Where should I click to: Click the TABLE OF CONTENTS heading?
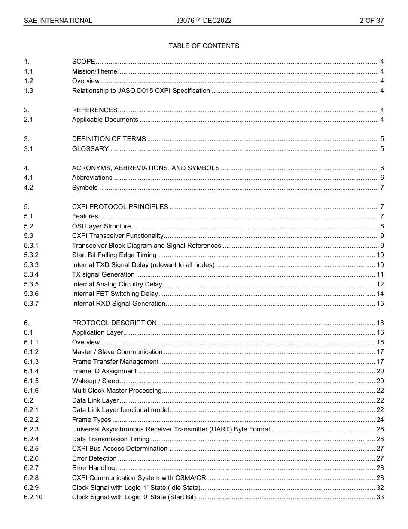204,46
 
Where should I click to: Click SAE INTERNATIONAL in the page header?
58,21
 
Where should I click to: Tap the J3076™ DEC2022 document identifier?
204,21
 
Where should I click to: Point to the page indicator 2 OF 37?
371,21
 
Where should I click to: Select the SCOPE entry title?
83,62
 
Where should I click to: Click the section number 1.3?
28,91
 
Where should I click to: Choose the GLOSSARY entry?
90,149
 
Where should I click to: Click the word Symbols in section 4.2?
85,188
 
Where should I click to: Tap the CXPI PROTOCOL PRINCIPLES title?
120,207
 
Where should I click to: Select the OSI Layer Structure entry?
101,226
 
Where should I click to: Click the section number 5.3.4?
31,274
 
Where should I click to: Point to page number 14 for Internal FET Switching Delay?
380,294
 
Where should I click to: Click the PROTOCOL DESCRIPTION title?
114,323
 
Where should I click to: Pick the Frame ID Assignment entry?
104,371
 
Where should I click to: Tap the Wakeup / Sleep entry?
95,381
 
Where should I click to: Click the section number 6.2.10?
33,497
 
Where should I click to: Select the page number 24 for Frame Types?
380,420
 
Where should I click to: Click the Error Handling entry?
93,468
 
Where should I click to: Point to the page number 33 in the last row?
380,497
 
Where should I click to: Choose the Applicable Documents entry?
105,120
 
